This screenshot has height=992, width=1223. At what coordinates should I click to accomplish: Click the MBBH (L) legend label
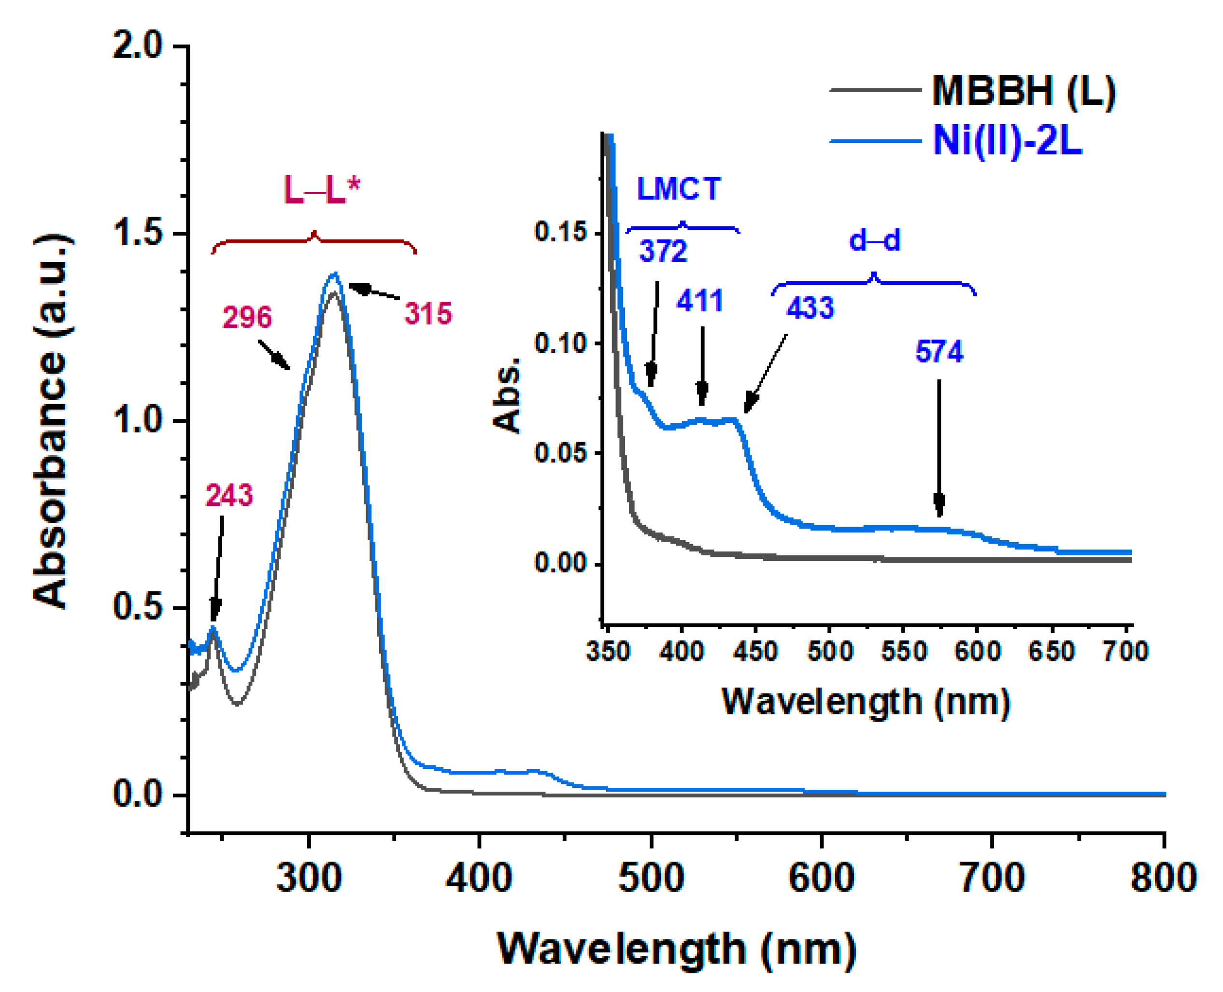pos(1024,91)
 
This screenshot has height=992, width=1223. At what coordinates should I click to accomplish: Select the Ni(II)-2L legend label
pos(1008,140)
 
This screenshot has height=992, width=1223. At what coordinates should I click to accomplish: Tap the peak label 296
pos(246,317)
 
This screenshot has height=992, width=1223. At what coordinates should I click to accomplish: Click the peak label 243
pos(228,495)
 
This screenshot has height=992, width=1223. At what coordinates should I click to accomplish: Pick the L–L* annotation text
pos(322,190)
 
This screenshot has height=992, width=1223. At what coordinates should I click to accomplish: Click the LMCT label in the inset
pos(679,189)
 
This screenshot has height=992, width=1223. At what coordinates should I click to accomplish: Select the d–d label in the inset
pos(875,240)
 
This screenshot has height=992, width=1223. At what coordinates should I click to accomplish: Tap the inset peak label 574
pos(939,351)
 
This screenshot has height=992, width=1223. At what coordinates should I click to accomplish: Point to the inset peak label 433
pos(810,308)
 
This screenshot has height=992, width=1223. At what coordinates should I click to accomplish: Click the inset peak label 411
pos(700,301)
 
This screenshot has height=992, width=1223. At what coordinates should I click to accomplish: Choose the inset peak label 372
pos(663,251)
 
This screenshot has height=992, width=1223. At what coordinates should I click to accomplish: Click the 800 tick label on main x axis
pos(1164,877)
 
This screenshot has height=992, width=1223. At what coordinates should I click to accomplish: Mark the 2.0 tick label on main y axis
pos(138,46)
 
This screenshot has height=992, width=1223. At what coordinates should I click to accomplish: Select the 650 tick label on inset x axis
pos(1051,651)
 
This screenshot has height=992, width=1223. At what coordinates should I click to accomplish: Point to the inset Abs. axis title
pos(507,395)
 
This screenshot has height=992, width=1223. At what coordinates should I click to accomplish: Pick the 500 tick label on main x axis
pos(651,877)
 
